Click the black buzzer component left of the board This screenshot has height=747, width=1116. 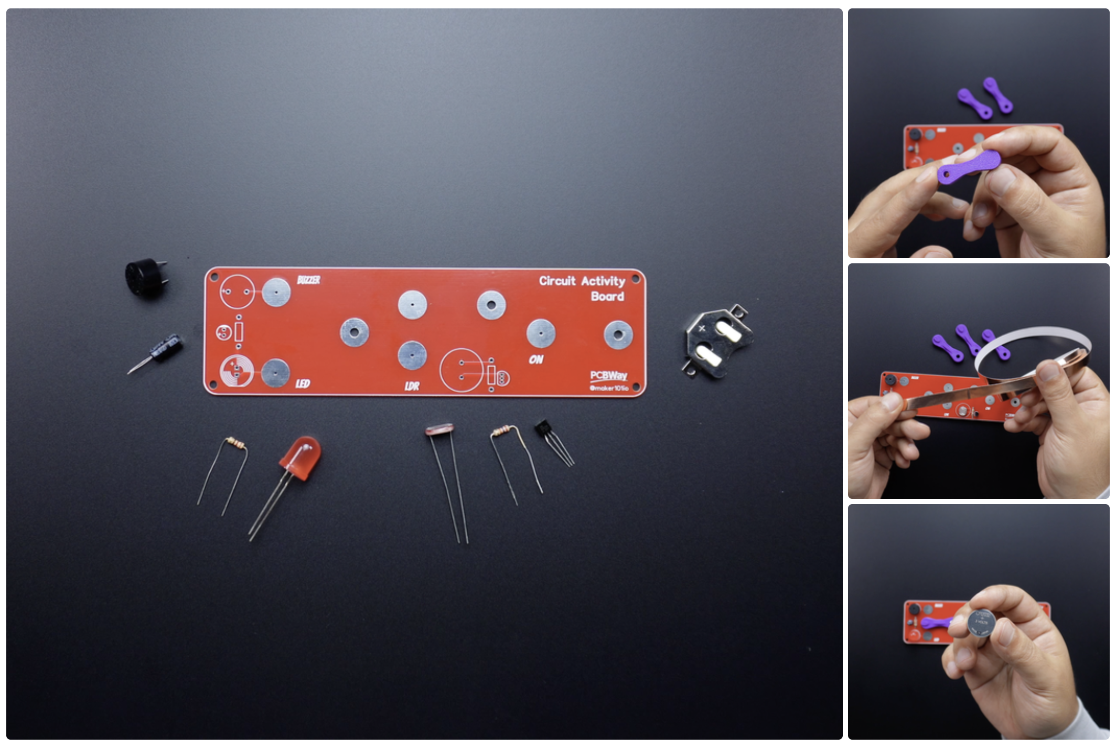[x=145, y=278]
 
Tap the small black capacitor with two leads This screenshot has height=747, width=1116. [x=167, y=348]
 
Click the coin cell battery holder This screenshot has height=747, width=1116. [x=717, y=341]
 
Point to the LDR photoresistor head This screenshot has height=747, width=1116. [x=439, y=430]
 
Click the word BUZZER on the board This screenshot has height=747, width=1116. [x=308, y=280]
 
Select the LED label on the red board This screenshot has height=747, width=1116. [x=303, y=384]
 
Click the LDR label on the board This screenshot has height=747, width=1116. [x=412, y=387]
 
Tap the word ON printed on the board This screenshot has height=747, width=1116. [x=536, y=360]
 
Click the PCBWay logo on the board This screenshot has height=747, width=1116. [x=608, y=376]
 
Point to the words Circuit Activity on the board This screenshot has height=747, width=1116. [x=582, y=281]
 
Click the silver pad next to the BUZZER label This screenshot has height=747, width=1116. [x=276, y=292]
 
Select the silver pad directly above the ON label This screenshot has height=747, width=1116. [x=541, y=334]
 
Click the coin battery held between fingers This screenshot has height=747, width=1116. [x=981, y=623]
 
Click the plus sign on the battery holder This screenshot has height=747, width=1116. [x=702, y=328]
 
